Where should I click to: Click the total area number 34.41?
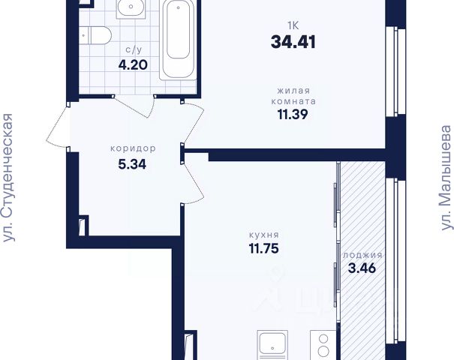coord(293,42)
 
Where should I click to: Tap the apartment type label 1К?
coord(293,25)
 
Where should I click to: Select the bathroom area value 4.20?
coord(133,64)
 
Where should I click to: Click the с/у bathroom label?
coord(134,50)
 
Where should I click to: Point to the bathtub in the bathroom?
coord(178,39)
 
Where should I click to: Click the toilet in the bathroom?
coord(95,35)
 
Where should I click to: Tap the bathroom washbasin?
coord(131,9)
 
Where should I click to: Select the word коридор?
coord(133,148)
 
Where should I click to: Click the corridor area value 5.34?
coord(132,164)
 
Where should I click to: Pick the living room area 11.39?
coord(293,115)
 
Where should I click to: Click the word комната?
coord(293,101)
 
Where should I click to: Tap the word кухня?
coord(264,235)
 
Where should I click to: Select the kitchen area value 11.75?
coord(264,248)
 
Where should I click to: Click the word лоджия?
coord(362,255)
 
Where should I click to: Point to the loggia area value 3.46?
coord(362,268)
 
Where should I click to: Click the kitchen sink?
coord(272,345)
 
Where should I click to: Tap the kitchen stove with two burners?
coord(323,345)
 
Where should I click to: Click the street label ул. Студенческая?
coord(8,178)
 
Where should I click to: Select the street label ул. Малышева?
coord(446,178)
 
